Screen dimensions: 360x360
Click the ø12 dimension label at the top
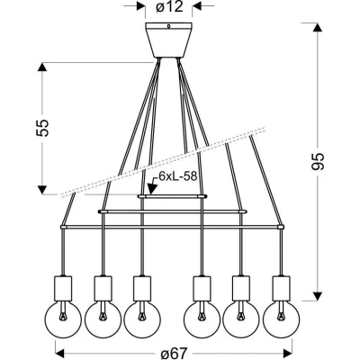169,7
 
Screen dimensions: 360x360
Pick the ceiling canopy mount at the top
169,40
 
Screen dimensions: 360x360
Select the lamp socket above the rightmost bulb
280,287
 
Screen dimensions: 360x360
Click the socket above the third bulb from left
140,287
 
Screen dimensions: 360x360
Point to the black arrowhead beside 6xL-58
153,186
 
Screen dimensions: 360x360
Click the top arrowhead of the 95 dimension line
316,26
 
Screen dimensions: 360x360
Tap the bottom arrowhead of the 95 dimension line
316,296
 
